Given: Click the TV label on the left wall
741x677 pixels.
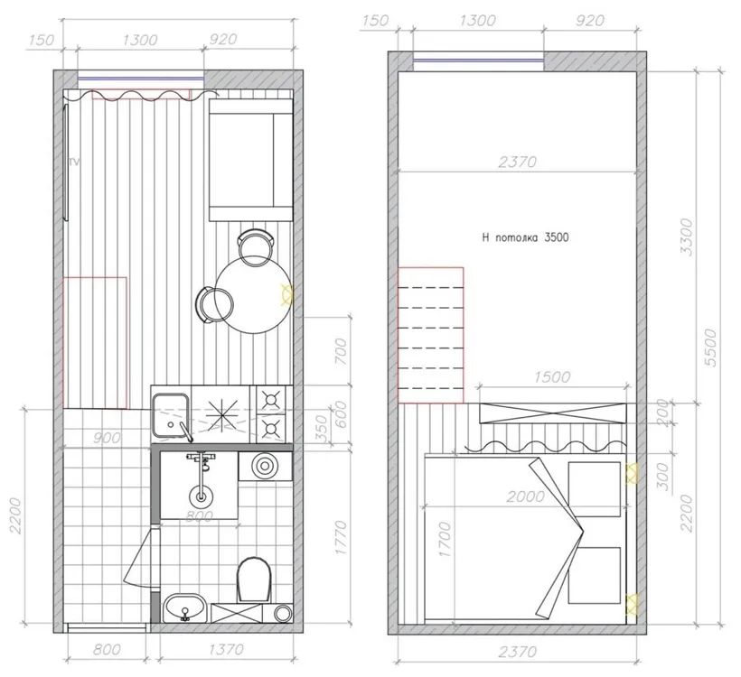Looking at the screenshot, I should point(75,162).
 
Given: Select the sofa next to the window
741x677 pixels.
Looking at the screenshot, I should point(250,161).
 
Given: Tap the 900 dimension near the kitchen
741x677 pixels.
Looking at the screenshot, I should point(107,438).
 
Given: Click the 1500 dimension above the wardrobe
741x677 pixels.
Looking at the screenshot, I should point(551,377).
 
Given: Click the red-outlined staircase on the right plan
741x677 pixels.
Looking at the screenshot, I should point(430,334).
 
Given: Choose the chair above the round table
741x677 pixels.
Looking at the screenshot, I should point(254,244).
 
